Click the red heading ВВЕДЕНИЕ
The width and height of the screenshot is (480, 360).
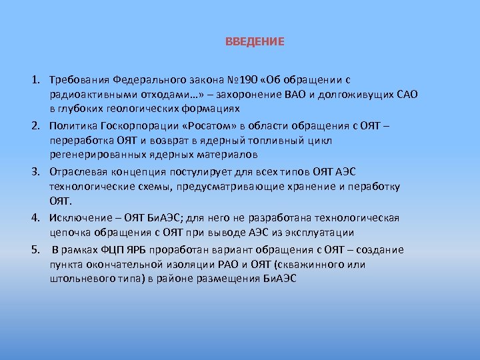[255, 42]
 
